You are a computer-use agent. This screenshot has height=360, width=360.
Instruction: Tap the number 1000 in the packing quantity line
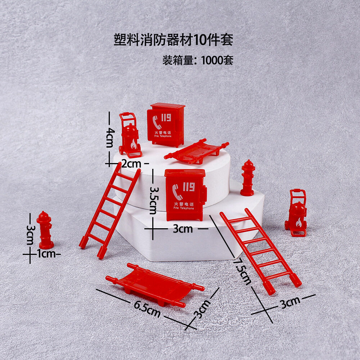tap(212, 60)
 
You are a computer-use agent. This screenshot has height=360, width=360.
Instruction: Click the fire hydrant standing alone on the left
tap(45, 230)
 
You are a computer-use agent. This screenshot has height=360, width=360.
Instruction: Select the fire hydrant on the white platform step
tap(248, 178)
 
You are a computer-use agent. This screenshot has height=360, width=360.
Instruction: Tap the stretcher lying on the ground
tap(155, 285)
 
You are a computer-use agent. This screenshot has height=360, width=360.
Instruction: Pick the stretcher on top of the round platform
tap(197, 151)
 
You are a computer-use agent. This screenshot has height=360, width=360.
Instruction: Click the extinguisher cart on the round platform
tap(130, 136)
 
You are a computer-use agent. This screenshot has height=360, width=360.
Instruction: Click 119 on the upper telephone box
tap(166, 118)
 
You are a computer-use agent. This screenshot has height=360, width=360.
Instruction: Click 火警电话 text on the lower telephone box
tap(183, 204)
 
